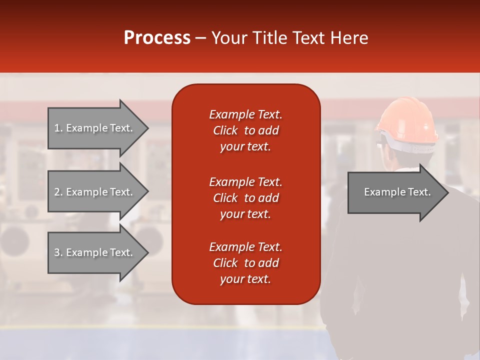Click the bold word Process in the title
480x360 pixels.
tap(157, 38)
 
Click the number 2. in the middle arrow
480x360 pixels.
tap(58, 192)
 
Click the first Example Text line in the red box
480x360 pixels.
tap(245, 114)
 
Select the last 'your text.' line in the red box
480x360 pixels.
tap(245, 279)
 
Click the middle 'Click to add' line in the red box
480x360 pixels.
tap(245, 198)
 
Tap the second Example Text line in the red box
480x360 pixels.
tap(245, 182)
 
